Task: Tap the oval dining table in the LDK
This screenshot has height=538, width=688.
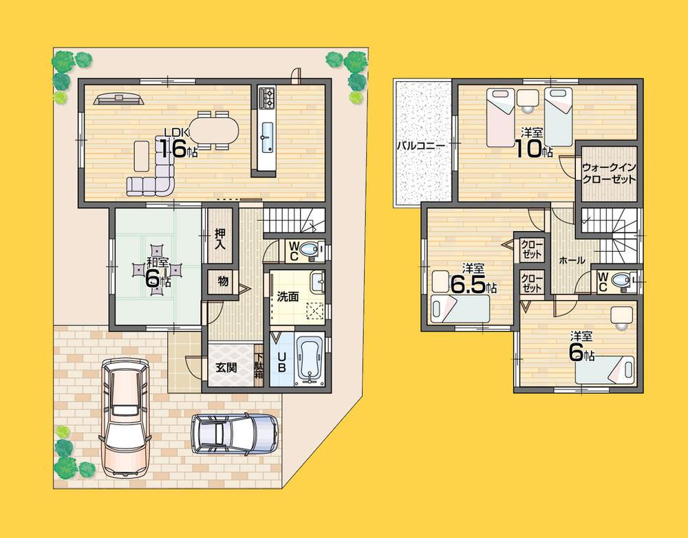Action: [213, 129]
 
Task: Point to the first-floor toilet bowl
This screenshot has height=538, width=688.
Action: [312, 251]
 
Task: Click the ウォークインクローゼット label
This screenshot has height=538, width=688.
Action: [608, 173]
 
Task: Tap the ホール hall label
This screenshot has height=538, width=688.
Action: [572, 261]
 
